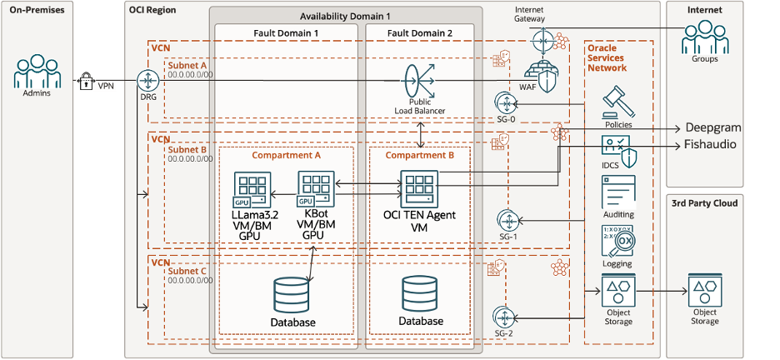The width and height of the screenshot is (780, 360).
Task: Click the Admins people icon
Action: click(x=34, y=72)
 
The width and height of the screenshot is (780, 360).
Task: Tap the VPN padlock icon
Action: click(x=84, y=82)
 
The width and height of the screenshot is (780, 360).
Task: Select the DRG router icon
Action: click(x=147, y=81)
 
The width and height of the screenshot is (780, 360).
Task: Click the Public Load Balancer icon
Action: click(x=420, y=82)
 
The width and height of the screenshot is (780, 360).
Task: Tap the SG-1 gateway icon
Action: click(x=506, y=220)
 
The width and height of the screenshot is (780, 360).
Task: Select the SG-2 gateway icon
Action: click(x=504, y=317)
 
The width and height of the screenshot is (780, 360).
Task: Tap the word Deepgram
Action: click(x=712, y=128)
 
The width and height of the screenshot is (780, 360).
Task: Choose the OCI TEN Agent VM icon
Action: click(x=419, y=189)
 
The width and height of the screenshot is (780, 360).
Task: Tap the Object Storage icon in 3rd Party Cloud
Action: click(x=704, y=292)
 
